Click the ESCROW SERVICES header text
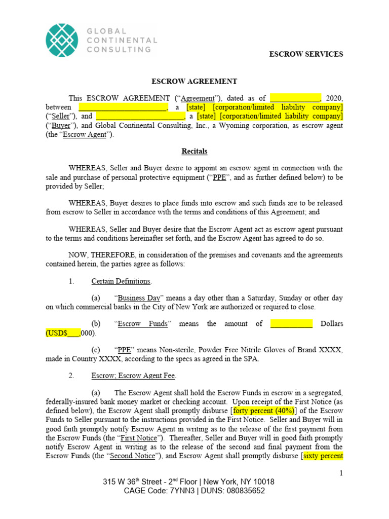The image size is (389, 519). pyautogui.click(x=305, y=54)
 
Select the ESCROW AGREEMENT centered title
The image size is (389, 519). pyautogui.click(x=194, y=81)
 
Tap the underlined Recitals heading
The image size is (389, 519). pyautogui.click(x=194, y=151)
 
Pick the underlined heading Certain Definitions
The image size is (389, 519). pyautogui.click(x=121, y=281)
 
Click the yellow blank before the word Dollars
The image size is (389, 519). pyautogui.click(x=291, y=324)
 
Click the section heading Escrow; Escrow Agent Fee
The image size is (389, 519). pyautogui.click(x=133, y=376)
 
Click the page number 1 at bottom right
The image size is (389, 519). pyautogui.click(x=341, y=473)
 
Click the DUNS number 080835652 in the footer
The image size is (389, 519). pyautogui.click(x=241, y=491)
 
